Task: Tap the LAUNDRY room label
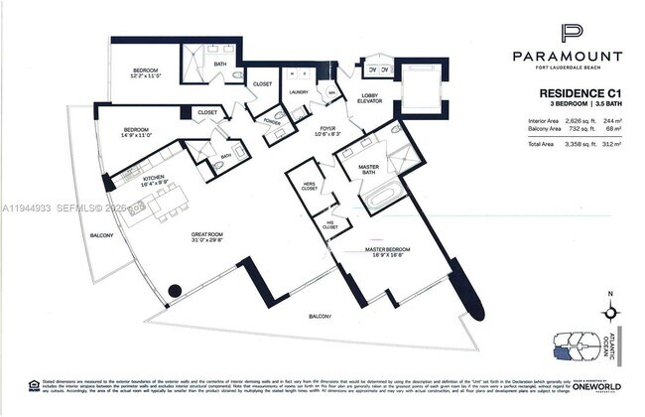[299, 92]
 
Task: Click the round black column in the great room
[175, 291]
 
